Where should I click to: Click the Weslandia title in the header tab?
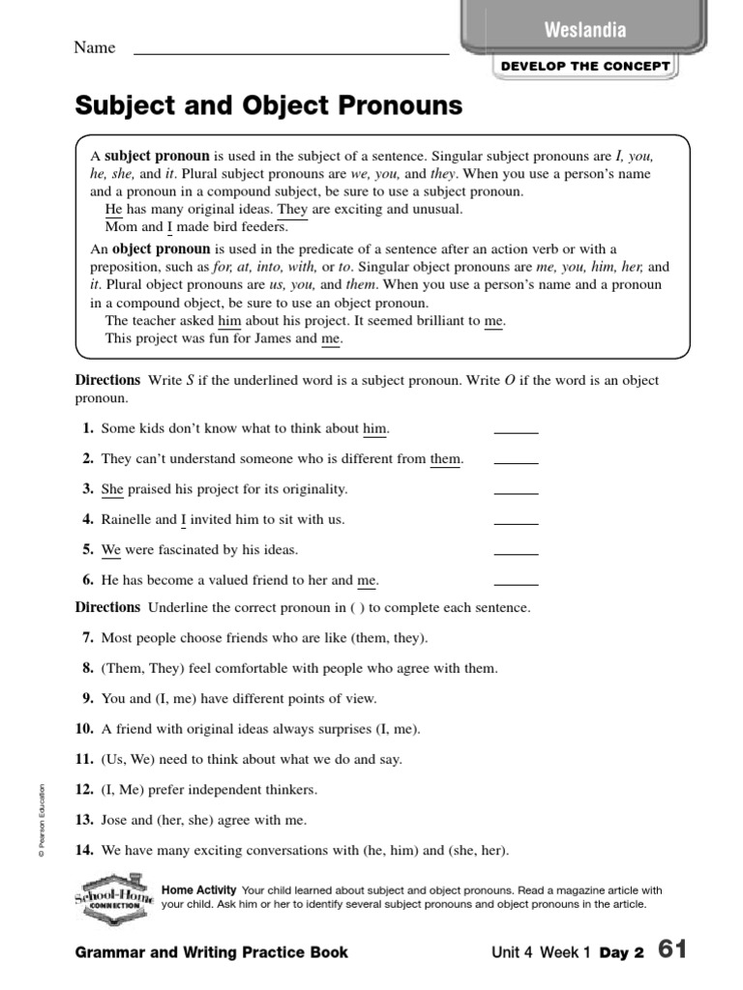584,30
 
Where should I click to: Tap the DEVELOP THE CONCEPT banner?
584,66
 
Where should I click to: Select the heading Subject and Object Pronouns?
268,105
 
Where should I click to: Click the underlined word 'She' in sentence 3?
111,489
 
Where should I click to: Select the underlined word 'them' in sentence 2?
445,459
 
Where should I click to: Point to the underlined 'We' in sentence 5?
111,550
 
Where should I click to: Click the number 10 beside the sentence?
84,729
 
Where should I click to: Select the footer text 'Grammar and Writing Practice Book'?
211,952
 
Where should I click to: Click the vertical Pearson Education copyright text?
42,820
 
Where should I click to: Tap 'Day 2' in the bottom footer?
621,952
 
